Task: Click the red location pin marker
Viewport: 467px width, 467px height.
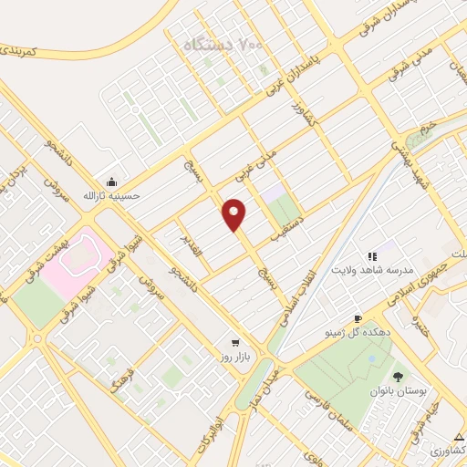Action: click(235, 214)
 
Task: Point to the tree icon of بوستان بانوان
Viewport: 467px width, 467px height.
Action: click(398, 376)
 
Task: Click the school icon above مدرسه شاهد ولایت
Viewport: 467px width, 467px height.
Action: click(371, 256)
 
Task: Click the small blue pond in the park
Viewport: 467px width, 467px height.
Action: click(370, 359)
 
